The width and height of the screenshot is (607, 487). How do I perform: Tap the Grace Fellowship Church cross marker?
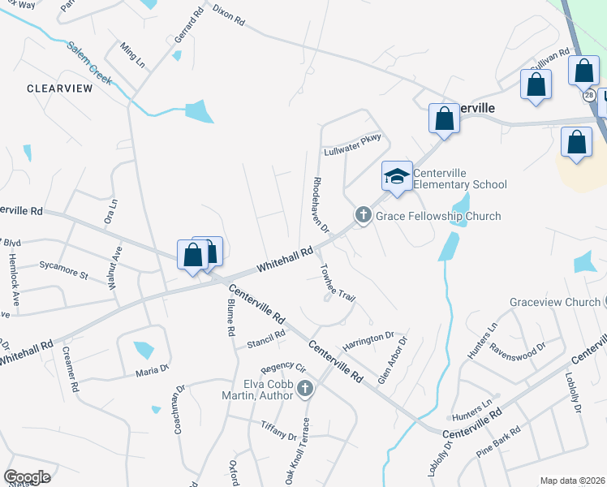[x=363, y=215]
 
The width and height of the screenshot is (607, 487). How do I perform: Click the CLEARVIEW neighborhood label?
[x=59, y=88]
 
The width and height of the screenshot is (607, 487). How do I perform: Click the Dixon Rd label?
[x=229, y=15]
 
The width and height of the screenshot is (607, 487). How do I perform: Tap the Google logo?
[x=27, y=476]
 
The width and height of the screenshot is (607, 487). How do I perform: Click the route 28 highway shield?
[x=588, y=95]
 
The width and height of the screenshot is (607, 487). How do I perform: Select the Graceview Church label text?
[x=555, y=302]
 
